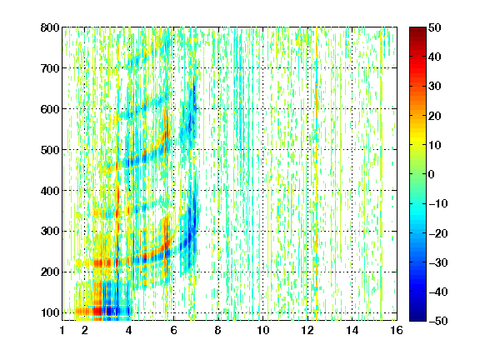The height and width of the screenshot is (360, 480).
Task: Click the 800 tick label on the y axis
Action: point(50,27)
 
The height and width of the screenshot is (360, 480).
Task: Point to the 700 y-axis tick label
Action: point(50,68)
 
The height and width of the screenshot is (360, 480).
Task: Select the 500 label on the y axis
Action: point(50,150)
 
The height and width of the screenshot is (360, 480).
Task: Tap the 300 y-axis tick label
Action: point(50,231)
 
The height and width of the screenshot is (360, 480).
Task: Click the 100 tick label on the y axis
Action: point(50,312)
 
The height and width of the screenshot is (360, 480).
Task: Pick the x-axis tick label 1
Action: point(62,330)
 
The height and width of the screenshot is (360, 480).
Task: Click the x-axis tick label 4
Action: point(129,330)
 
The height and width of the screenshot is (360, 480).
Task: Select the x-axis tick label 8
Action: point(218,330)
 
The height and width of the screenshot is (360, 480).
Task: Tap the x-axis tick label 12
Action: point(307,330)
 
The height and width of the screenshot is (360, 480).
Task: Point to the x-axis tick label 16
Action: point(397,330)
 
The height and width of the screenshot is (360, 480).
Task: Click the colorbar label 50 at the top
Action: point(435,27)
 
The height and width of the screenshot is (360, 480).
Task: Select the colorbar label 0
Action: point(432,174)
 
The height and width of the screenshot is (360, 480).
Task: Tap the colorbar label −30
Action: point(438,262)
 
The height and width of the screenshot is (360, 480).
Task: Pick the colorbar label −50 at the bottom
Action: point(438,321)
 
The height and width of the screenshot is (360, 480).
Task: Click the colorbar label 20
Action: point(435,116)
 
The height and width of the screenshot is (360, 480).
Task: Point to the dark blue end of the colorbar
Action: point(417,318)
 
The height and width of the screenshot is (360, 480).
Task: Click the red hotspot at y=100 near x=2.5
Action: point(97,312)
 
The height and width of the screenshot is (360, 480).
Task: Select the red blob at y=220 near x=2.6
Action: point(98,263)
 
